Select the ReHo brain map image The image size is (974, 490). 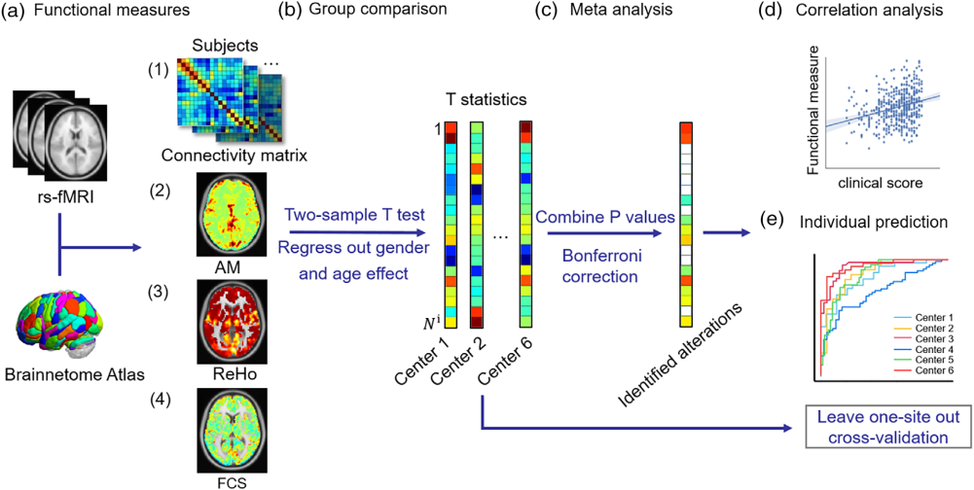tap(235, 322)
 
